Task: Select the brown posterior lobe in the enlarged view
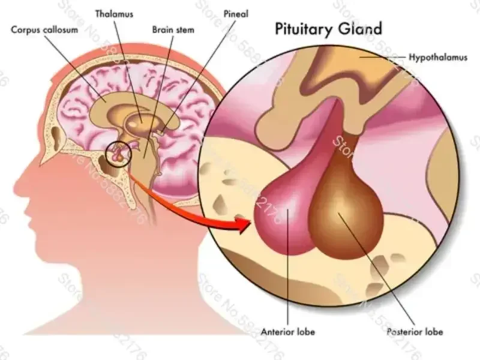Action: pos(345,213)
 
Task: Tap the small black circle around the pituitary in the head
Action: pos(118,155)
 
